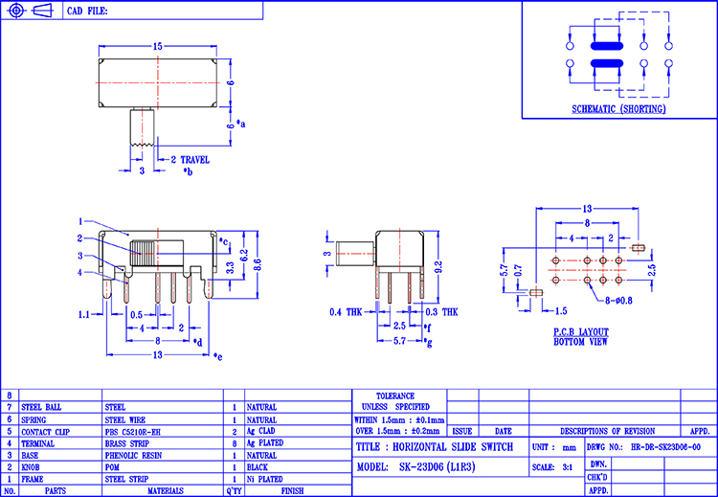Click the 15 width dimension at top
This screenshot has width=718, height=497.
tap(157, 46)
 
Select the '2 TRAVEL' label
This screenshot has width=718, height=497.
tap(190, 160)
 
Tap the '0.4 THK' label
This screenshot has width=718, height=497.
tap(347, 312)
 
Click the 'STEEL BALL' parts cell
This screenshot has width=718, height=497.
tap(41, 407)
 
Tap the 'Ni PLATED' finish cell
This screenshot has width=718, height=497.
tap(264, 479)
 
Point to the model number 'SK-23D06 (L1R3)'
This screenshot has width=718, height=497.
tap(430, 467)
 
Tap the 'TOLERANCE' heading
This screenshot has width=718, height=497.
tap(394, 395)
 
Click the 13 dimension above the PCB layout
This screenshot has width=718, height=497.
tap(587, 208)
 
